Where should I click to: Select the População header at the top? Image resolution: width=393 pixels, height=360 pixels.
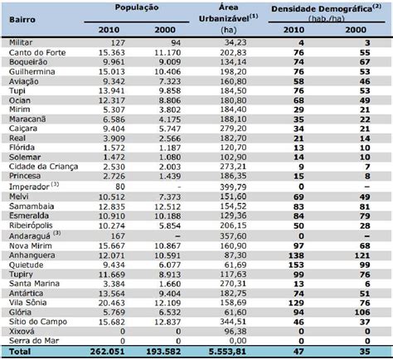137,7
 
